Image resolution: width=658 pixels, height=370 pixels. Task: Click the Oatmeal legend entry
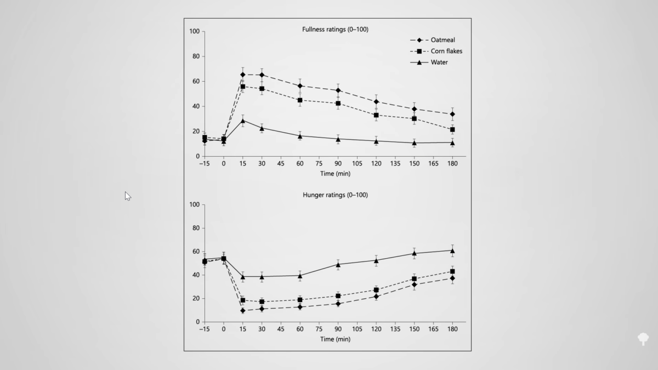(x=443, y=40)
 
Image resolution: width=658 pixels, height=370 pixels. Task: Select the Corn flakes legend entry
(x=446, y=51)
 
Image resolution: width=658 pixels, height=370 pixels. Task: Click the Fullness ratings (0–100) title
(x=335, y=29)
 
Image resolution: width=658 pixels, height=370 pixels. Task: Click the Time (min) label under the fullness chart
(x=335, y=174)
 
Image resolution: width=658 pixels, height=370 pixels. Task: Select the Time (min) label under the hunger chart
(x=335, y=339)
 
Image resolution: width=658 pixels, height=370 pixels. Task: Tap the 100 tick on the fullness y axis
(x=194, y=31)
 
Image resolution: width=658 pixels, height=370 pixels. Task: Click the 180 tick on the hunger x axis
(x=452, y=329)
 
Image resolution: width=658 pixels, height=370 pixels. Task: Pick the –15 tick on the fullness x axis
(x=204, y=163)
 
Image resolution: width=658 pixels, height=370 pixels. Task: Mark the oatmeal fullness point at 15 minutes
(x=242, y=75)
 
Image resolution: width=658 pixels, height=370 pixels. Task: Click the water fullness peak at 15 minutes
(x=242, y=121)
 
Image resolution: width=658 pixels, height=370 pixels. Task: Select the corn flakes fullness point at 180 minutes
(x=452, y=130)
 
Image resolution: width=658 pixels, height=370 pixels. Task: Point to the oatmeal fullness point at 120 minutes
(x=376, y=101)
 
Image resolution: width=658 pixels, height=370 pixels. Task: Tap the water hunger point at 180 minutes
(x=452, y=251)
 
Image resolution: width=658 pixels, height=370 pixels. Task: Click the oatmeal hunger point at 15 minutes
(x=242, y=311)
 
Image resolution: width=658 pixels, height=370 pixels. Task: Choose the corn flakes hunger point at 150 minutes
(x=414, y=279)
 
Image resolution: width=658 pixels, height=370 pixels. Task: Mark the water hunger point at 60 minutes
(x=300, y=276)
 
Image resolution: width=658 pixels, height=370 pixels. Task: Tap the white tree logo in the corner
(x=643, y=338)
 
